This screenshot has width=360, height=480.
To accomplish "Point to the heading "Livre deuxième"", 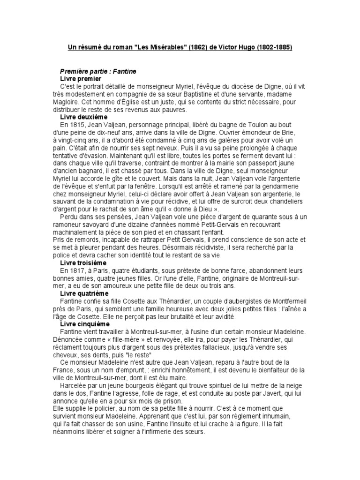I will coord(84,116).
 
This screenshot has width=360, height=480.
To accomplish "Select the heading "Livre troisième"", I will coord(83,263).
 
